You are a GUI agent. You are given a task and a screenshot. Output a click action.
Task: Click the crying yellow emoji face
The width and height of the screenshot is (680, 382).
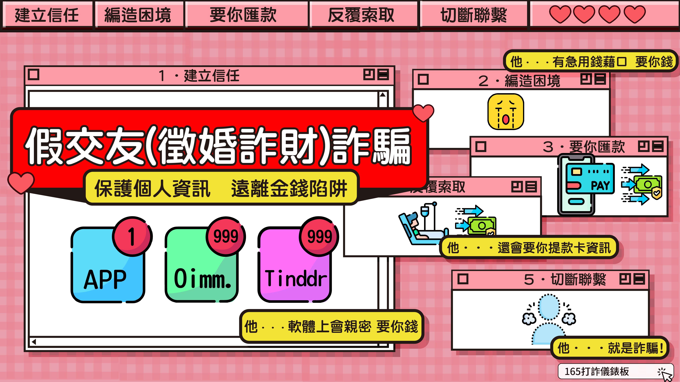click(x=505, y=112)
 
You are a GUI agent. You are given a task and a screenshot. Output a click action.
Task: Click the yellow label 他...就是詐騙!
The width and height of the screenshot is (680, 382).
click(x=610, y=348)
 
